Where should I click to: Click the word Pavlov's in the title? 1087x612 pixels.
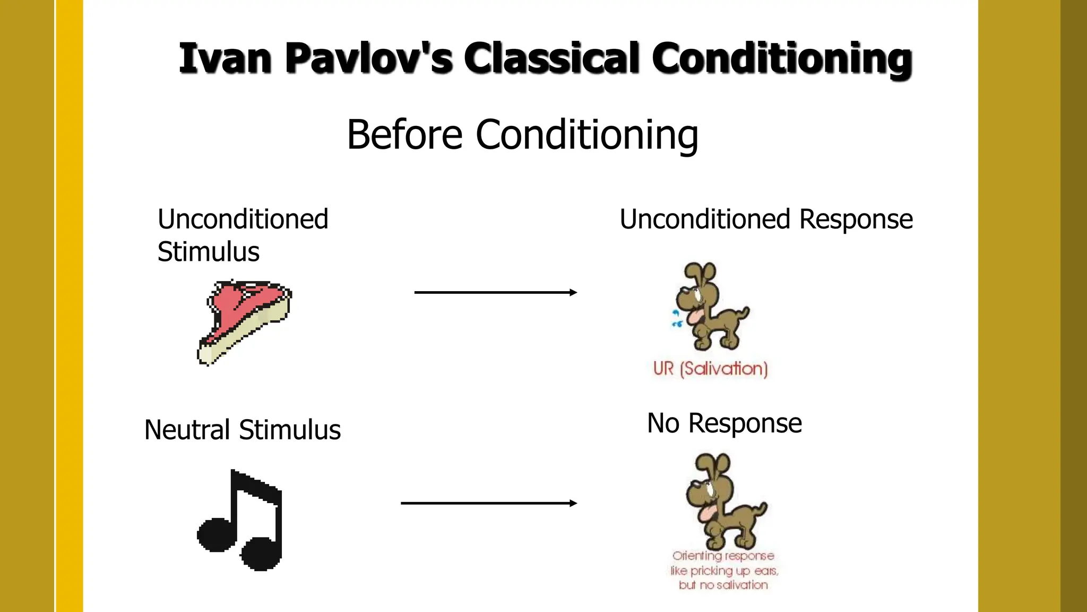(x=368, y=58)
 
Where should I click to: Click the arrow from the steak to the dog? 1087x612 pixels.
(x=495, y=292)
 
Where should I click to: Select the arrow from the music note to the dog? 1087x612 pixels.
(x=488, y=503)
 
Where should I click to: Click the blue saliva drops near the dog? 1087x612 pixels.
(x=676, y=319)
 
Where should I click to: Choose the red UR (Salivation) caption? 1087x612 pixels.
(x=711, y=369)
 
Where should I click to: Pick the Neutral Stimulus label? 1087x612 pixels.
(x=242, y=430)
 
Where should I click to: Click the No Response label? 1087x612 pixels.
(x=724, y=423)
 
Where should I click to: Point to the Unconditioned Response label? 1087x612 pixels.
(x=766, y=219)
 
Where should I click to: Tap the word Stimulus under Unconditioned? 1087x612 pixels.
(x=209, y=252)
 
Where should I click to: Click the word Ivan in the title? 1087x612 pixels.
(x=225, y=58)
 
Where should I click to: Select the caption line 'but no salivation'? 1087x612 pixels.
(x=723, y=585)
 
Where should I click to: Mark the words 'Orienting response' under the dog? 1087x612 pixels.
(x=723, y=556)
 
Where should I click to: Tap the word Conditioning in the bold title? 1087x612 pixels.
(x=781, y=58)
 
